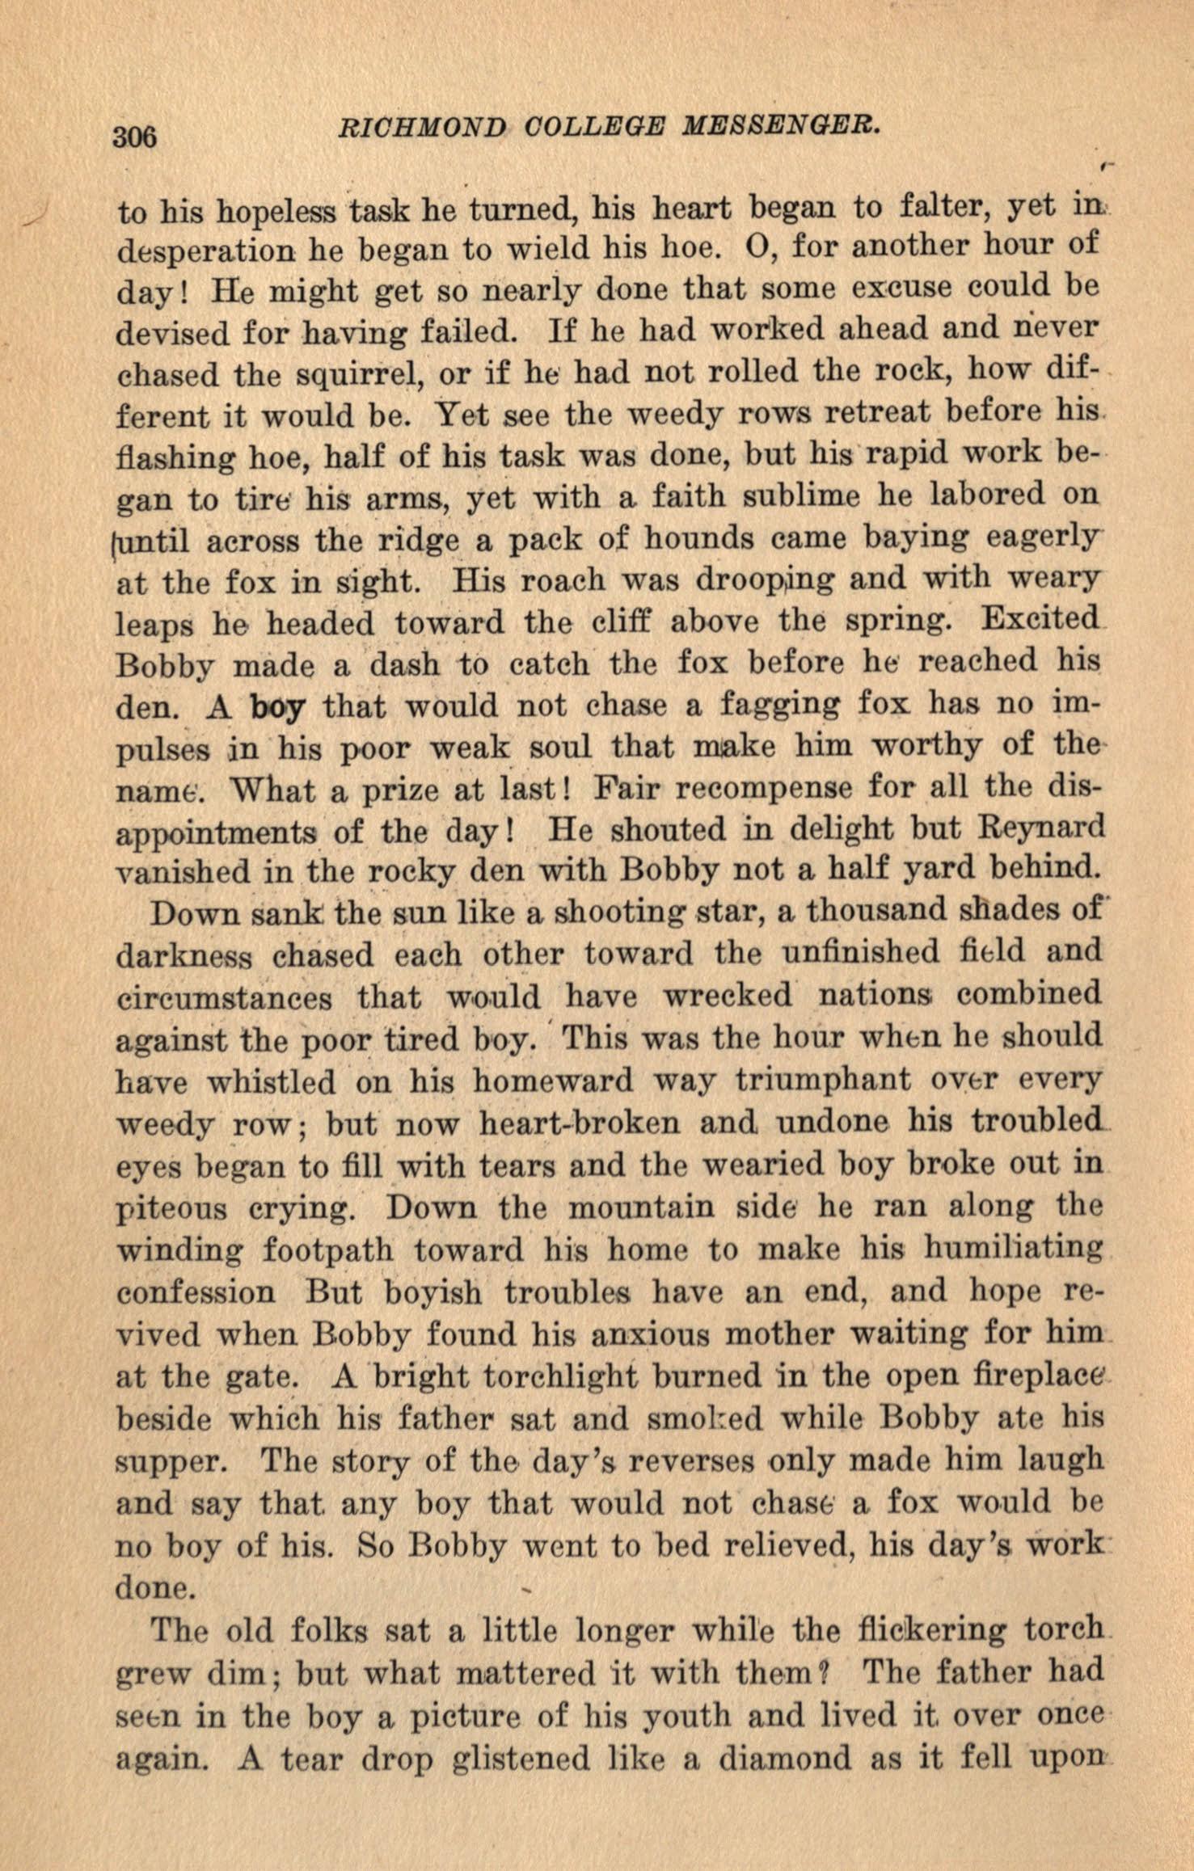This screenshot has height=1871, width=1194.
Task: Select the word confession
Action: tap(196, 1292)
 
